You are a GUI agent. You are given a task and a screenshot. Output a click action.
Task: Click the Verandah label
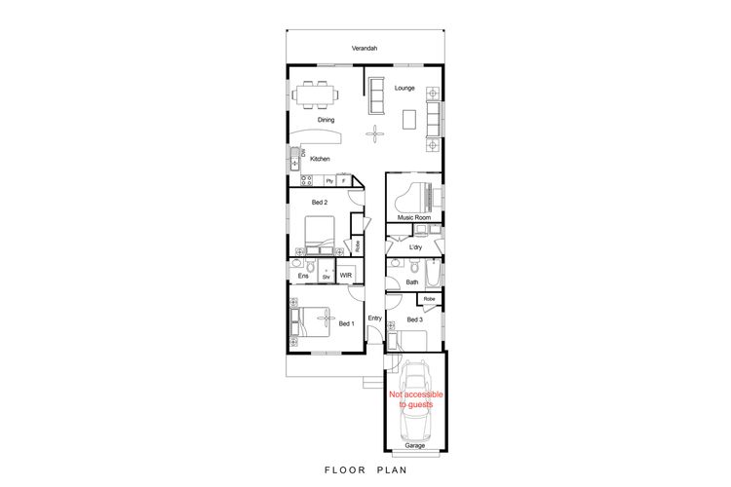pos(365,48)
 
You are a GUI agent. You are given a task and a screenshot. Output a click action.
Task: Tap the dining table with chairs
pos(315,94)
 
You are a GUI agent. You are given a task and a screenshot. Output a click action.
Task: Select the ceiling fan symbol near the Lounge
pos(375,134)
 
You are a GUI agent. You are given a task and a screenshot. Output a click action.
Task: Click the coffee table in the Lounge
pos(409,119)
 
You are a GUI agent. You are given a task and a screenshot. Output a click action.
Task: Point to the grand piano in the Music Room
pos(413,198)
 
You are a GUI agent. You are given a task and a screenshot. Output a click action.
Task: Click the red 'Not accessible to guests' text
pos(416,399)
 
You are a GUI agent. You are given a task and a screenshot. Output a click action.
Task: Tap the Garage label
pos(415,445)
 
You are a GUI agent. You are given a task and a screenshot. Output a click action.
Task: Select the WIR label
pos(345,275)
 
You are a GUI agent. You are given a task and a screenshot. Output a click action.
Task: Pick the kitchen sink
pos(294,159)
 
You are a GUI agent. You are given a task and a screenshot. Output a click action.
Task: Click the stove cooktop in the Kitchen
pos(306,180)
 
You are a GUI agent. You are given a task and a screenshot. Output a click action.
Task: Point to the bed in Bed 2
pos(320,233)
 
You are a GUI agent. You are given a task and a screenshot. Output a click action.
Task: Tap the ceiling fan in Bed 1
pos(324,318)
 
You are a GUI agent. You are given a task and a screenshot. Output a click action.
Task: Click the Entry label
pos(375,318)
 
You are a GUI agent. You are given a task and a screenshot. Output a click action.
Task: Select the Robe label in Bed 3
pos(430,299)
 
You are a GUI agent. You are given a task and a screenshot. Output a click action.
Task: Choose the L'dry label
pos(415,247)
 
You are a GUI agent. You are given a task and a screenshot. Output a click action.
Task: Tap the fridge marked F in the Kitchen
pos(344,180)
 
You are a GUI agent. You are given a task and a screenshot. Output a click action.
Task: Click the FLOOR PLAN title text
pos(365,469)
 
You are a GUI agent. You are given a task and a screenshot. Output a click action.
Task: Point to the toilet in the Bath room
pos(414,266)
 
